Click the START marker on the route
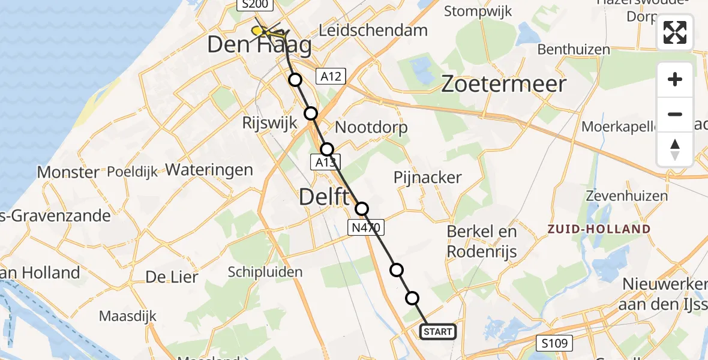click(x=438, y=332)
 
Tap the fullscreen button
click(x=675, y=32)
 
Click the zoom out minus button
click(x=675, y=114)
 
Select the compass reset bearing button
click(x=675, y=149)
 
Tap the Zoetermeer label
click(x=503, y=84)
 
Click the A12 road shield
click(x=331, y=76)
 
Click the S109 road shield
click(x=554, y=343)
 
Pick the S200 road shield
click(x=255, y=5)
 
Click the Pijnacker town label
click(x=428, y=177)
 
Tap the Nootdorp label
click(x=371, y=127)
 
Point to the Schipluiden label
click(x=265, y=272)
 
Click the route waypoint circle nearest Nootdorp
click(x=326, y=149)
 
